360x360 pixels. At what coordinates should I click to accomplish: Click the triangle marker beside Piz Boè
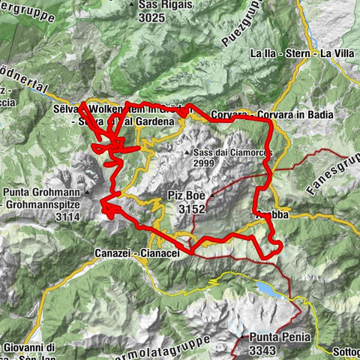[212, 196]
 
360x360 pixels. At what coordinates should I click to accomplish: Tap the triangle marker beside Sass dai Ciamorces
[187, 152]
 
